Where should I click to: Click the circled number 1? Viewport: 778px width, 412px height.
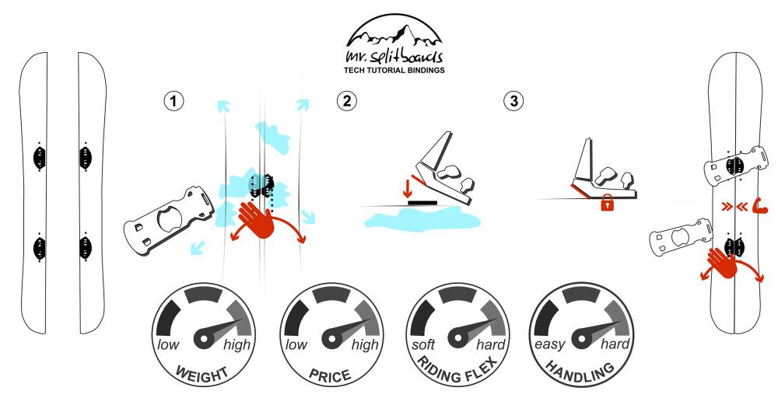[x=177, y=100]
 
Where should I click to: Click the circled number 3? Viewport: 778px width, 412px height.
[x=513, y=100]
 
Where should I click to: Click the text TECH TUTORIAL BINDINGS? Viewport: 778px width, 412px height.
[x=394, y=70]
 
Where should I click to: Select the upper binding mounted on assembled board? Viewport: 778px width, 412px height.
[x=731, y=166]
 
